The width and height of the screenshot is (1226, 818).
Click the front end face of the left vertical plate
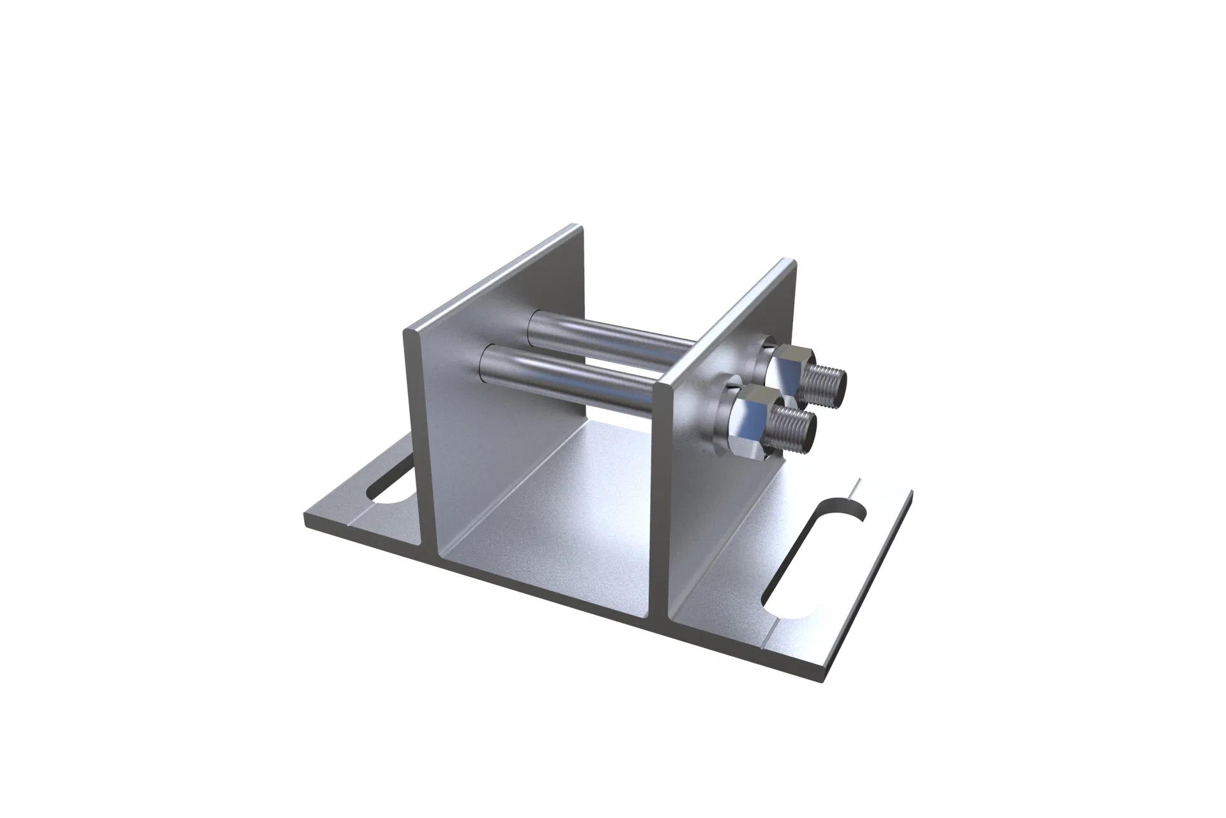tap(418, 447)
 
